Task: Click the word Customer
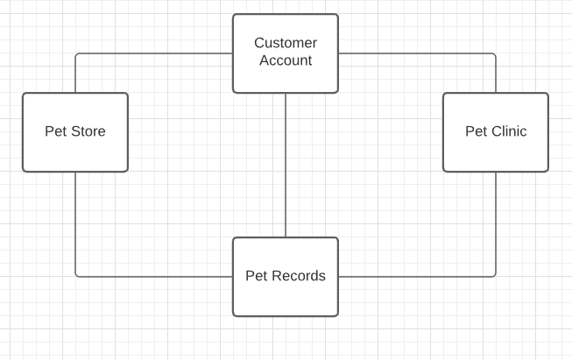pos(286,43)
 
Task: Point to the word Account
pos(286,60)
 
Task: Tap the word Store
pos(88,131)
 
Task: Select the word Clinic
pos(508,131)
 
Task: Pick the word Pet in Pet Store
pos(56,131)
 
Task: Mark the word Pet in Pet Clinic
pos(476,131)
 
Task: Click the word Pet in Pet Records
pos(256,276)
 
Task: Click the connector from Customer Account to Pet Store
pos(153,53)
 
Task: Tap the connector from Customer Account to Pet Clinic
pos(417,53)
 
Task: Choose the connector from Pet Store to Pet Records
pos(153,277)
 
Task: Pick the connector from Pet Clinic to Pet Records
pos(417,277)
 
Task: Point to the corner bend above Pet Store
pos(76,54)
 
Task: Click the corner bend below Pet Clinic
pos(495,276)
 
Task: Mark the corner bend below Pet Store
pos(76,276)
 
